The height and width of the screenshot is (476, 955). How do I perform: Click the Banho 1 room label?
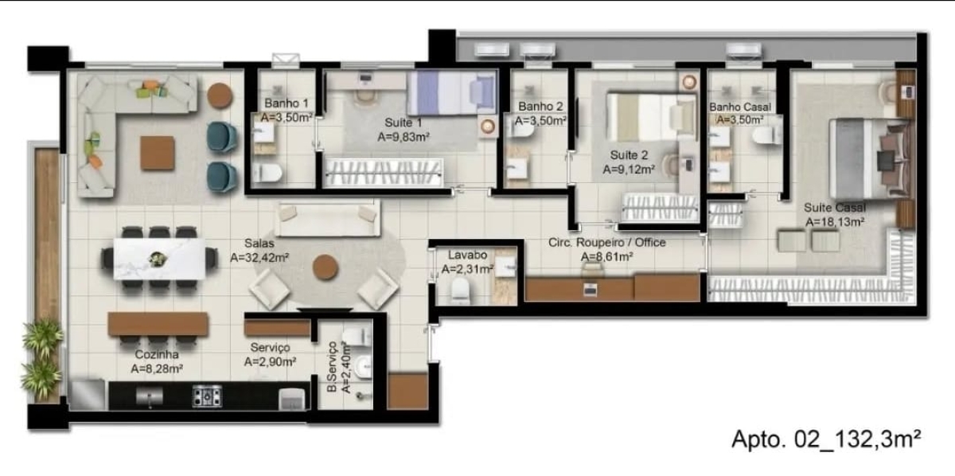[285, 103]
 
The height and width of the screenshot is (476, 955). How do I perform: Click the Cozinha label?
[156, 354]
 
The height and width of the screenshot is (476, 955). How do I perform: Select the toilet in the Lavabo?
[461, 293]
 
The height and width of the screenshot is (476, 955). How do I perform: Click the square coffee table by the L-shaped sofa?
[157, 153]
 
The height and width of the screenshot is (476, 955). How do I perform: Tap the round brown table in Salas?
[325, 267]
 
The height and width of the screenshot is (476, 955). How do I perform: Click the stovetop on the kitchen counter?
[207, 395]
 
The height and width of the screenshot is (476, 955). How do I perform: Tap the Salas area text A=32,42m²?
[259, 258]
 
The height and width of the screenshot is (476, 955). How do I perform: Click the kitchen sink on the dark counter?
[149, 395]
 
